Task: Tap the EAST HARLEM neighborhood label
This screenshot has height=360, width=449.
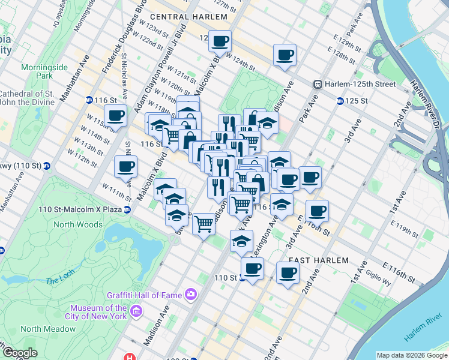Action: tap(318, 260)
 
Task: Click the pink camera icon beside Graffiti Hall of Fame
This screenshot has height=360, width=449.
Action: tap(191, 294)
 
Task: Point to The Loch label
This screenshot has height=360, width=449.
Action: tap(58, 280)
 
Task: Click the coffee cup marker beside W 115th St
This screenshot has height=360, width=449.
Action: tap(115, 115)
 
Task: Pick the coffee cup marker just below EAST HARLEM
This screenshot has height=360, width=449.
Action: tap(288, 272)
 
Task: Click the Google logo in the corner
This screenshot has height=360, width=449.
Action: tap(20, 352)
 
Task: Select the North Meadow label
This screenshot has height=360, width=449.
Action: tap(48, 329)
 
